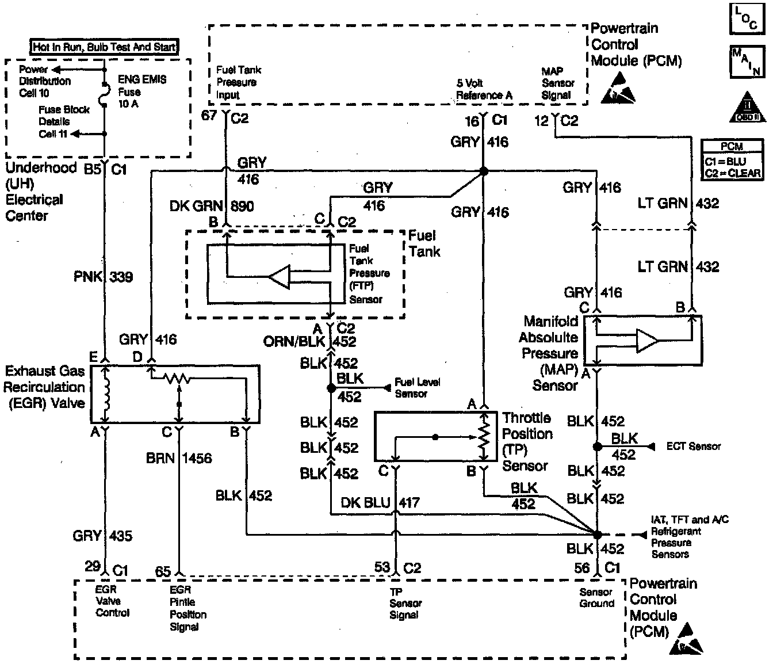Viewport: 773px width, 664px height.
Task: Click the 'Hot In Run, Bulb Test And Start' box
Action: pyautogui.click(x=104, y=47)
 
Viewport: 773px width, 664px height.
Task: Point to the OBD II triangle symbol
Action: pyautogui.click(x=747, y=108)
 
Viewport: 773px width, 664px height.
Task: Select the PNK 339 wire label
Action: pyautogui.click(x=103, y=277)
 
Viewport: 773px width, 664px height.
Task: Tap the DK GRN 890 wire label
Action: pyautogui.click(x=212, y=206)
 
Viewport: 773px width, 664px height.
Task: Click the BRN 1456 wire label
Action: pyautogui.click(x=178, y=458)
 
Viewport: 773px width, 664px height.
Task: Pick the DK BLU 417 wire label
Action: pyautogui.click(x=380, y=503)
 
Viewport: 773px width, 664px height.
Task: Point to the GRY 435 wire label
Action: pyautogui.click(x=102, y=536)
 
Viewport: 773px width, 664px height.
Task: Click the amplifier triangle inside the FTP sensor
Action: pyautogui.click(x=280, y=277)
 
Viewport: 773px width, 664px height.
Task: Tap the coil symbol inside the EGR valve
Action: pyautogui.click(x=106, y=394)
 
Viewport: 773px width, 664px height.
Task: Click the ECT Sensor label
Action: pyautogui.click(x=693, y=446)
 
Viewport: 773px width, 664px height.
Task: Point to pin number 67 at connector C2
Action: pyautogui.click(x=209, y=116)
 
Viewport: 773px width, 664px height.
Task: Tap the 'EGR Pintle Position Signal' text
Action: pyautogui.click(x=187, y=608)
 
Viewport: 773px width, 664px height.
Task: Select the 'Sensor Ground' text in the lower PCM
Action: pyautogui.click(x=596, y=598)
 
